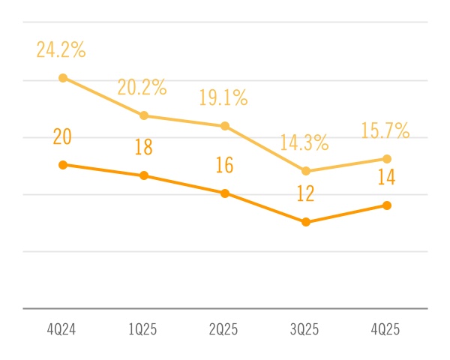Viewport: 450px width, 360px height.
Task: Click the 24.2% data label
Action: coord(61,51)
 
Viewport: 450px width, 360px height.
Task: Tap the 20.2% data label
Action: coord(142,88)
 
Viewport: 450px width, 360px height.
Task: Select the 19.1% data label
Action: coord(223,98)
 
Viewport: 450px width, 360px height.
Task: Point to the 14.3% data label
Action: coord(304,142)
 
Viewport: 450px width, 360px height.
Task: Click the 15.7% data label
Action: coord(385,130)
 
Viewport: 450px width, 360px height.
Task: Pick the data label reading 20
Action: coord(62,137)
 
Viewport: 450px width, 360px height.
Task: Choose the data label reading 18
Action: coord(143,148)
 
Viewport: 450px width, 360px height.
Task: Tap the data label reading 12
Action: coord(305,194)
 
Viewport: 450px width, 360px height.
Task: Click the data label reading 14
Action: coord(387,178)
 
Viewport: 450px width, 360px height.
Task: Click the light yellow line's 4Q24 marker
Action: coord(63,78)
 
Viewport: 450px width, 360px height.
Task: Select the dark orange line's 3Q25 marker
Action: coord(306,222)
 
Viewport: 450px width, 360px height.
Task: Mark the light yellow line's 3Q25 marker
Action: coord(306,171)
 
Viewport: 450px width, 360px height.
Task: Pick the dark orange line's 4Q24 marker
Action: coord(63,164)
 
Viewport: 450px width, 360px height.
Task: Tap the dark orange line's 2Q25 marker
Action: coord(224,193)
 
